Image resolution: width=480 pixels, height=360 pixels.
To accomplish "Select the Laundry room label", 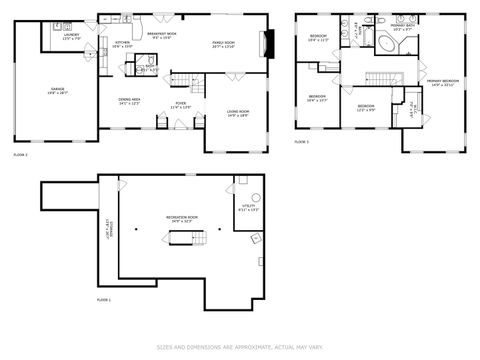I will click(71, 36).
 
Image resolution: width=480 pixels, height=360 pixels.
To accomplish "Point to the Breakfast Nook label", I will click(162, 36).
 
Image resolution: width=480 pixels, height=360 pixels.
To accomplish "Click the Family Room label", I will click(222, 44).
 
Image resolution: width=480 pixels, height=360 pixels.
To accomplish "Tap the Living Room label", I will click(236, 113).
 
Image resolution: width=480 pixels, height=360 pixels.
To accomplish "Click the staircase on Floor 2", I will click(181, 81).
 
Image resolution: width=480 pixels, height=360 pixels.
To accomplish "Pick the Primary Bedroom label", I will click(443, 82).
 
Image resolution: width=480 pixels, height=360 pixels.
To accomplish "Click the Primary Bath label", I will click(403, 29).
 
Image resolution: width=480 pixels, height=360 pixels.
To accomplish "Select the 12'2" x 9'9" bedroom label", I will click(366, 107).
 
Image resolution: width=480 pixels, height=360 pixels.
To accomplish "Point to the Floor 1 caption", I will click(104, 300).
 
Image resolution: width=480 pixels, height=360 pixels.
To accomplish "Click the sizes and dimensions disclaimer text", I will click(240, 348).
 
